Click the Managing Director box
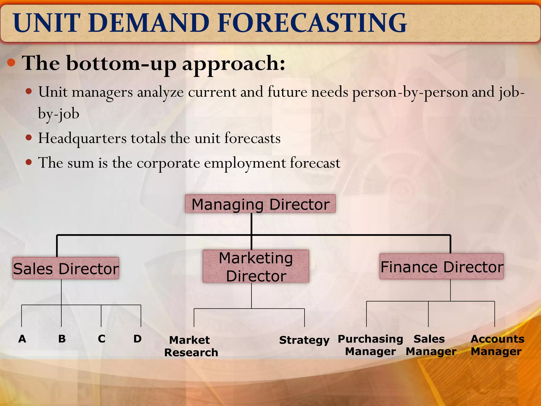click(x=260, y=204)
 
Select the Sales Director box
click(x=66, y=268)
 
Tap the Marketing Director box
click(x=256, y=266)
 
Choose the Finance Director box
click(x=441, y=266)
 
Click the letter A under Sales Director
click(x=22, y=339)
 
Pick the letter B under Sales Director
click(x=62, y=339)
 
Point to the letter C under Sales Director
click(x=101, y=339)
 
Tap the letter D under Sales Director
click(x=137, y=339)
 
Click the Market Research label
click(x=191, y=346)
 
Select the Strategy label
click(x=304, y=340)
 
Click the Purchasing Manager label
click(x=370, y=345)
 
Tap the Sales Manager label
click(x=431, y=345)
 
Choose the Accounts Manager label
click(x=497, y=345)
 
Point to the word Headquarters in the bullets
click(x=82, y=139)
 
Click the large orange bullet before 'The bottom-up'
click(x=11, y=63)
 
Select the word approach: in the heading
click(x=234, y=64)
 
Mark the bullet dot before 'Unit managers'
click(x=29, y=92)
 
